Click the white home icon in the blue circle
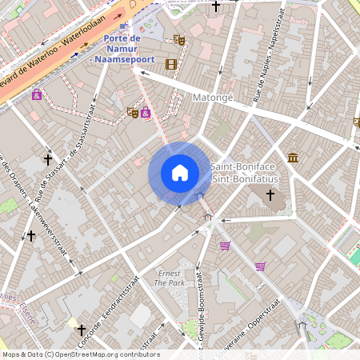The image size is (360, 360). [x=179, y=172]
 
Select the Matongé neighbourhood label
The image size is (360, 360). [x=212, y=98]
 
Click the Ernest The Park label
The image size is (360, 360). [x=169, y=278]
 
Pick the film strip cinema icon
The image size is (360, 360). [x=170, y=64]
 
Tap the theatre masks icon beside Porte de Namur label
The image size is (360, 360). [x=179, y=38]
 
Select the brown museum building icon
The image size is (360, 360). [x=293, y=157]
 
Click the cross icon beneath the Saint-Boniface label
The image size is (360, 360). [x=270, y=194]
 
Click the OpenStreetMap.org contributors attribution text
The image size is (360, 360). [x=80, y=354]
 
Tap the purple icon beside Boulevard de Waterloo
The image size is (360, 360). [x=37, y=94]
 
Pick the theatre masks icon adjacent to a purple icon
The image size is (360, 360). [x=132, y=112]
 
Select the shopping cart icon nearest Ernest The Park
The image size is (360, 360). [x=225, y=246]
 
